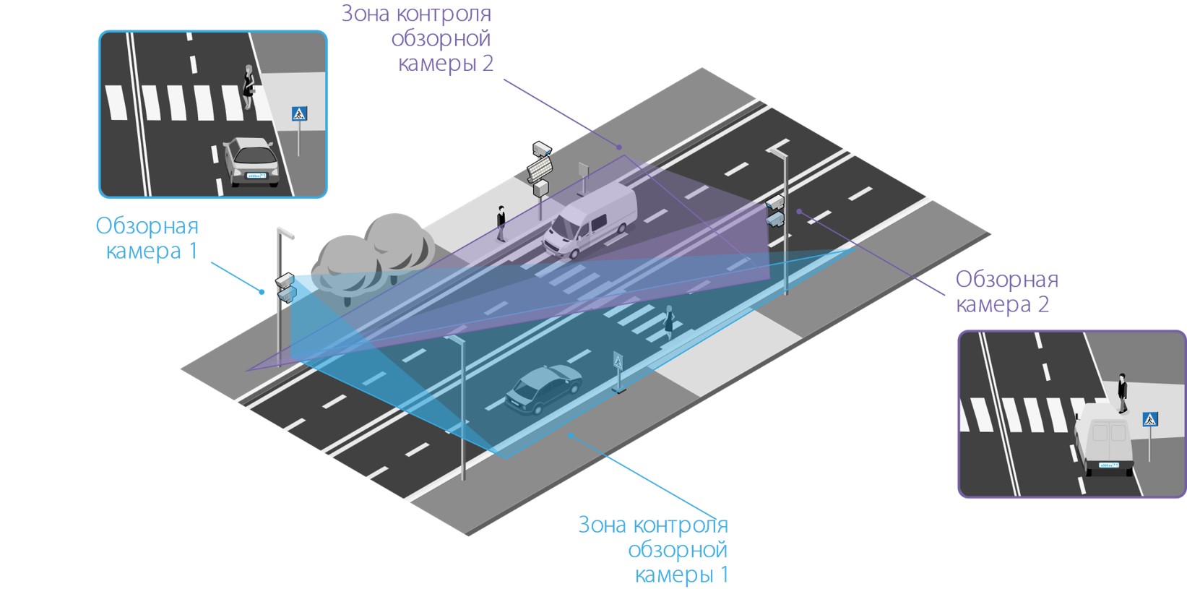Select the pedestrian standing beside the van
(x=501, y=223)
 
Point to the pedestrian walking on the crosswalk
(x=669, y=322)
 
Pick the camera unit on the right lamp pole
(x=775, y=211)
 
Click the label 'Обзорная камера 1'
(x=148, y=238)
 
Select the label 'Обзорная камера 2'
(x=1006, y=291)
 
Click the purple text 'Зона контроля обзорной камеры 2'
(x=418, y=38)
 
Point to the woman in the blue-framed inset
(x=249, y=87)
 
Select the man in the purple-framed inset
(x=1122, y=392)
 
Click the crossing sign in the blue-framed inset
(x=299, y=114)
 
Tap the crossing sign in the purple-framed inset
(x=1150, y=419)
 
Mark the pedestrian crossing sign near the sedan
(x=618, y=361)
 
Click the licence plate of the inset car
(x=256, y=176)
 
